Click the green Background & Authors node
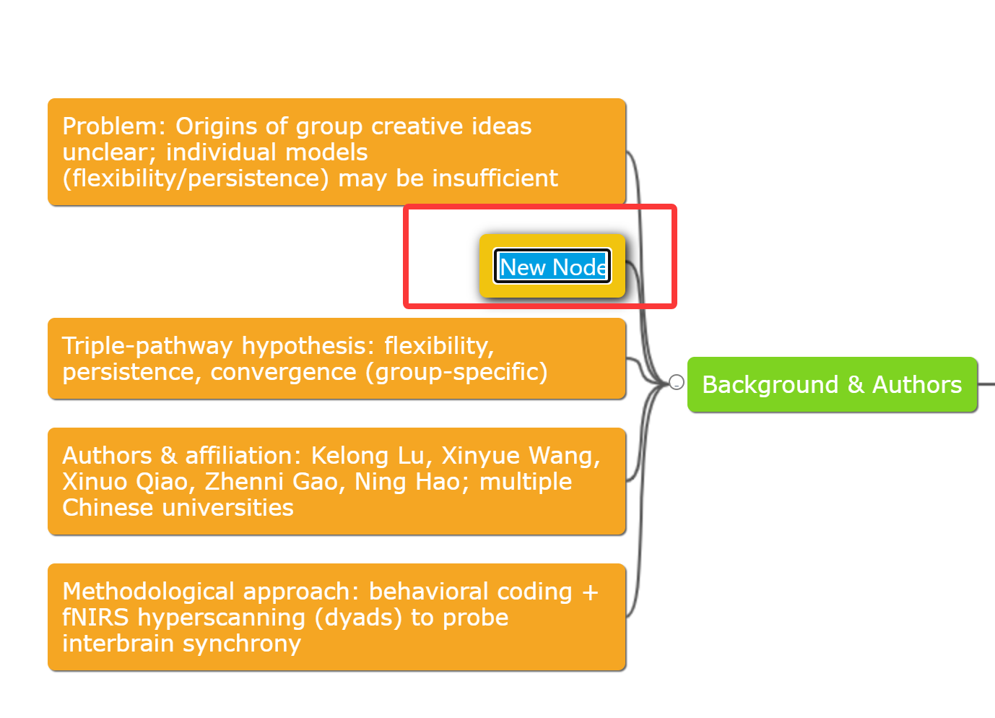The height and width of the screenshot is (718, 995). (x=832, y=385)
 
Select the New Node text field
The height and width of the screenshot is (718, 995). (x=552, y=267)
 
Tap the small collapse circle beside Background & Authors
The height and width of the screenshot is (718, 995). (x=677, y=382)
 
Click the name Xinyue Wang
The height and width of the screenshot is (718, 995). (x=520, y=456)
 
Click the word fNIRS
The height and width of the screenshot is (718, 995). (x=95, y=618)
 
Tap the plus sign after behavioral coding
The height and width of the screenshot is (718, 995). (x=590, y=592)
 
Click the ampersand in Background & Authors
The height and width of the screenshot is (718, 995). (x=856, y=385)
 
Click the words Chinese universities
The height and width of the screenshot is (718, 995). (x=178, y=508)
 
